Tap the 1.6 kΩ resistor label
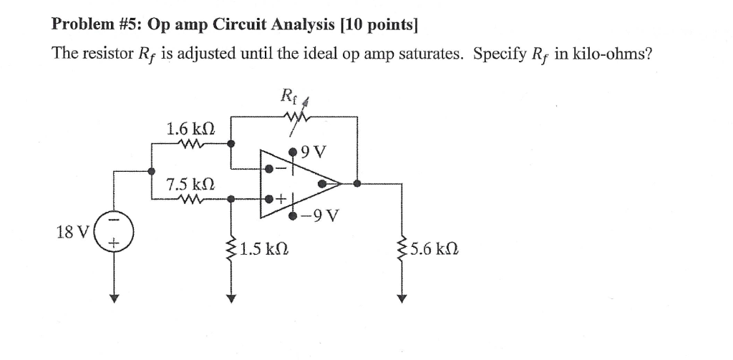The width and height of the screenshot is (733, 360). click(x=190, y=130)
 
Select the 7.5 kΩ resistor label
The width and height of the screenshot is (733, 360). click(x=190, y=185)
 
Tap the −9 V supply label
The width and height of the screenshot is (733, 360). click(x=322, y=215)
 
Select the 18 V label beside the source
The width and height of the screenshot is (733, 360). click(x=72, y=232)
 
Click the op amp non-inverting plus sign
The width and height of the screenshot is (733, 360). click(x=282, y=198)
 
